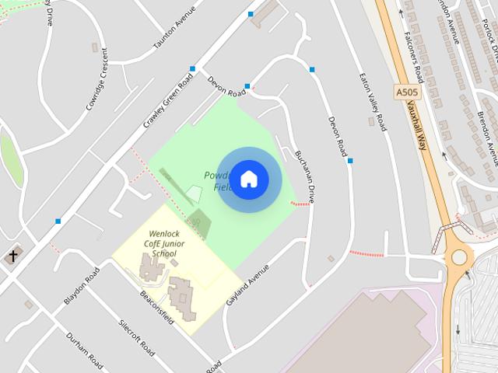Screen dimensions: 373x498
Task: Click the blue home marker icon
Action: click(x=248, y=179)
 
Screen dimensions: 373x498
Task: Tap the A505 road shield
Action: click(x=407, y=92)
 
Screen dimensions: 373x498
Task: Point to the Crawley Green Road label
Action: click(x=168, y=104)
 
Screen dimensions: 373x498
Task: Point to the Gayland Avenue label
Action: click(x=247, y=284)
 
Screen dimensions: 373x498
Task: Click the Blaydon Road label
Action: click(x=82, y=286)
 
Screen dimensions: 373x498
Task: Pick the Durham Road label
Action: click(x=84, y=351)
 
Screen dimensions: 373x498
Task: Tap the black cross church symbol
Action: click(x=12, y=256)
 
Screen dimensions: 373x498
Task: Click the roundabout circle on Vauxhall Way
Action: click(x=459, y=256)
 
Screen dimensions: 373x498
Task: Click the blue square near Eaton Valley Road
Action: click(x=350, y=161)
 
